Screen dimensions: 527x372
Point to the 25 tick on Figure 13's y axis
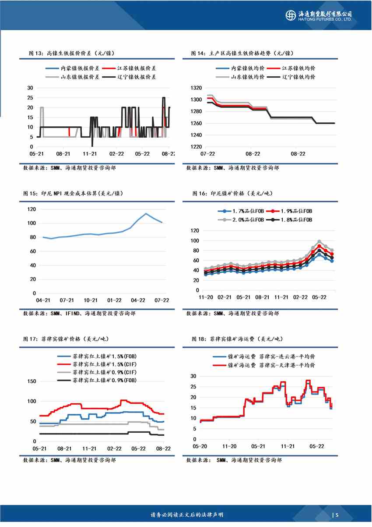point(30,98)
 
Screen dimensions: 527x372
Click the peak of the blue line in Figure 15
point(146,214)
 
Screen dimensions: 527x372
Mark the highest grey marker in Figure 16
point(319,242)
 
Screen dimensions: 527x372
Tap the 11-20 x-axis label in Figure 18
point(230,446)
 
